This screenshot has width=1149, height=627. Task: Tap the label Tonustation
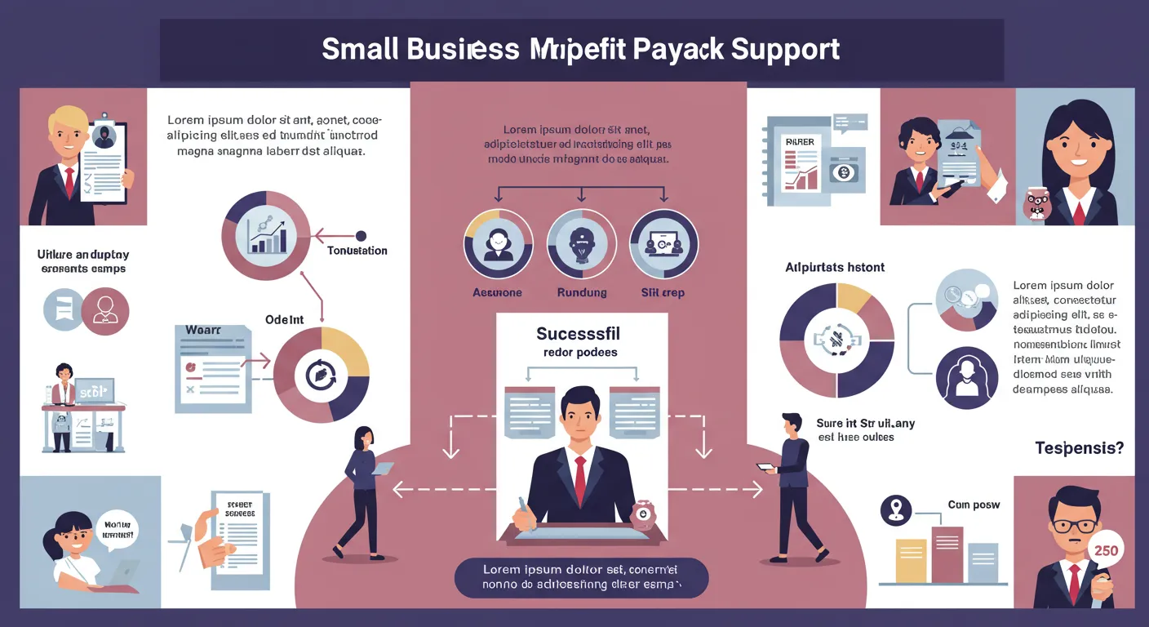pyautogui.click(x=357, y=251)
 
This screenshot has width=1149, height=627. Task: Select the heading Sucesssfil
pyautogui.click(x=578, y=333)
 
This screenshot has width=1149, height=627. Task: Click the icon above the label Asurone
pyautogui.click(x=498, y=243)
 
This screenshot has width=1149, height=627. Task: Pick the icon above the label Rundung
pyautogui.click(x=581, y=243)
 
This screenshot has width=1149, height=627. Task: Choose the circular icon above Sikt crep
pyautogui.click(x=663, y=243)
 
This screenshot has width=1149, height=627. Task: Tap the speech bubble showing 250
pyautogui.click(x=1106, y=550)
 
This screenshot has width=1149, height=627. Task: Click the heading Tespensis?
pyautogui.click(x=1079, y=447)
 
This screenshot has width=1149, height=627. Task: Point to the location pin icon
pyautogui.click(x=896, y=510)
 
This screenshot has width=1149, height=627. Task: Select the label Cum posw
pyautogui.click(x=974, y=505)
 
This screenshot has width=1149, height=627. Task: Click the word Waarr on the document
pyautogui.click(x=202, y=331)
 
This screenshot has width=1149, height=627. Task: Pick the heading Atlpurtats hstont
pyautogui.click(x=835, y=267)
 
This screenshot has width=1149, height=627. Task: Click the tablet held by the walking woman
pyautogui.click(x=382, y=469)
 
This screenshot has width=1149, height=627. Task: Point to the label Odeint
pyautogui.click(x=284, y=320)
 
